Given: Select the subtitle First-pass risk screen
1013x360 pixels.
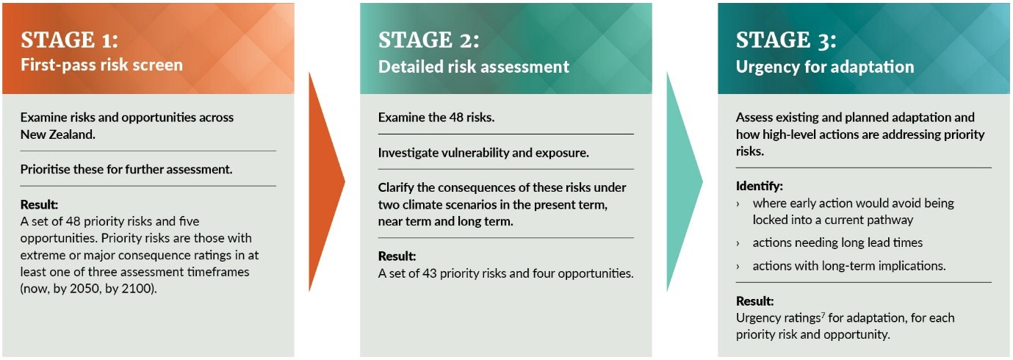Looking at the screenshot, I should pos(101,65).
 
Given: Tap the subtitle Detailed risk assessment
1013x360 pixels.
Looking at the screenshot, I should pos(473,67).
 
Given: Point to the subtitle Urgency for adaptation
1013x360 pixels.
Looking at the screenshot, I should pos(825,67).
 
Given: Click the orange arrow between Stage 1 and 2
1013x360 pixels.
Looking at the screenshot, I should pos(325,181).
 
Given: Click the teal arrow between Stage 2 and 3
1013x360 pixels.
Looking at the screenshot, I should pos(683,181).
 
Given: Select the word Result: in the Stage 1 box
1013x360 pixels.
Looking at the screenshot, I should pos(39,204).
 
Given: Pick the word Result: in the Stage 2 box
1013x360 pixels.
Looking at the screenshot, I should pos(397,256).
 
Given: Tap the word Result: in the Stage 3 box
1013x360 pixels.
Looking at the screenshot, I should pos(755,301).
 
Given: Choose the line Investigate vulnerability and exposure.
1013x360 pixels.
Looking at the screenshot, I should pos(483,153).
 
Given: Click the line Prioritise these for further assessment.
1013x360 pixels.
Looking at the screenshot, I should pos(126,169).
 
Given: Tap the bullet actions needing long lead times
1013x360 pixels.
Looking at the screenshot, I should pos(837,242).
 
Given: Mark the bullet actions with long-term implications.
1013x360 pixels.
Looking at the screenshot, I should pos(848,266).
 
